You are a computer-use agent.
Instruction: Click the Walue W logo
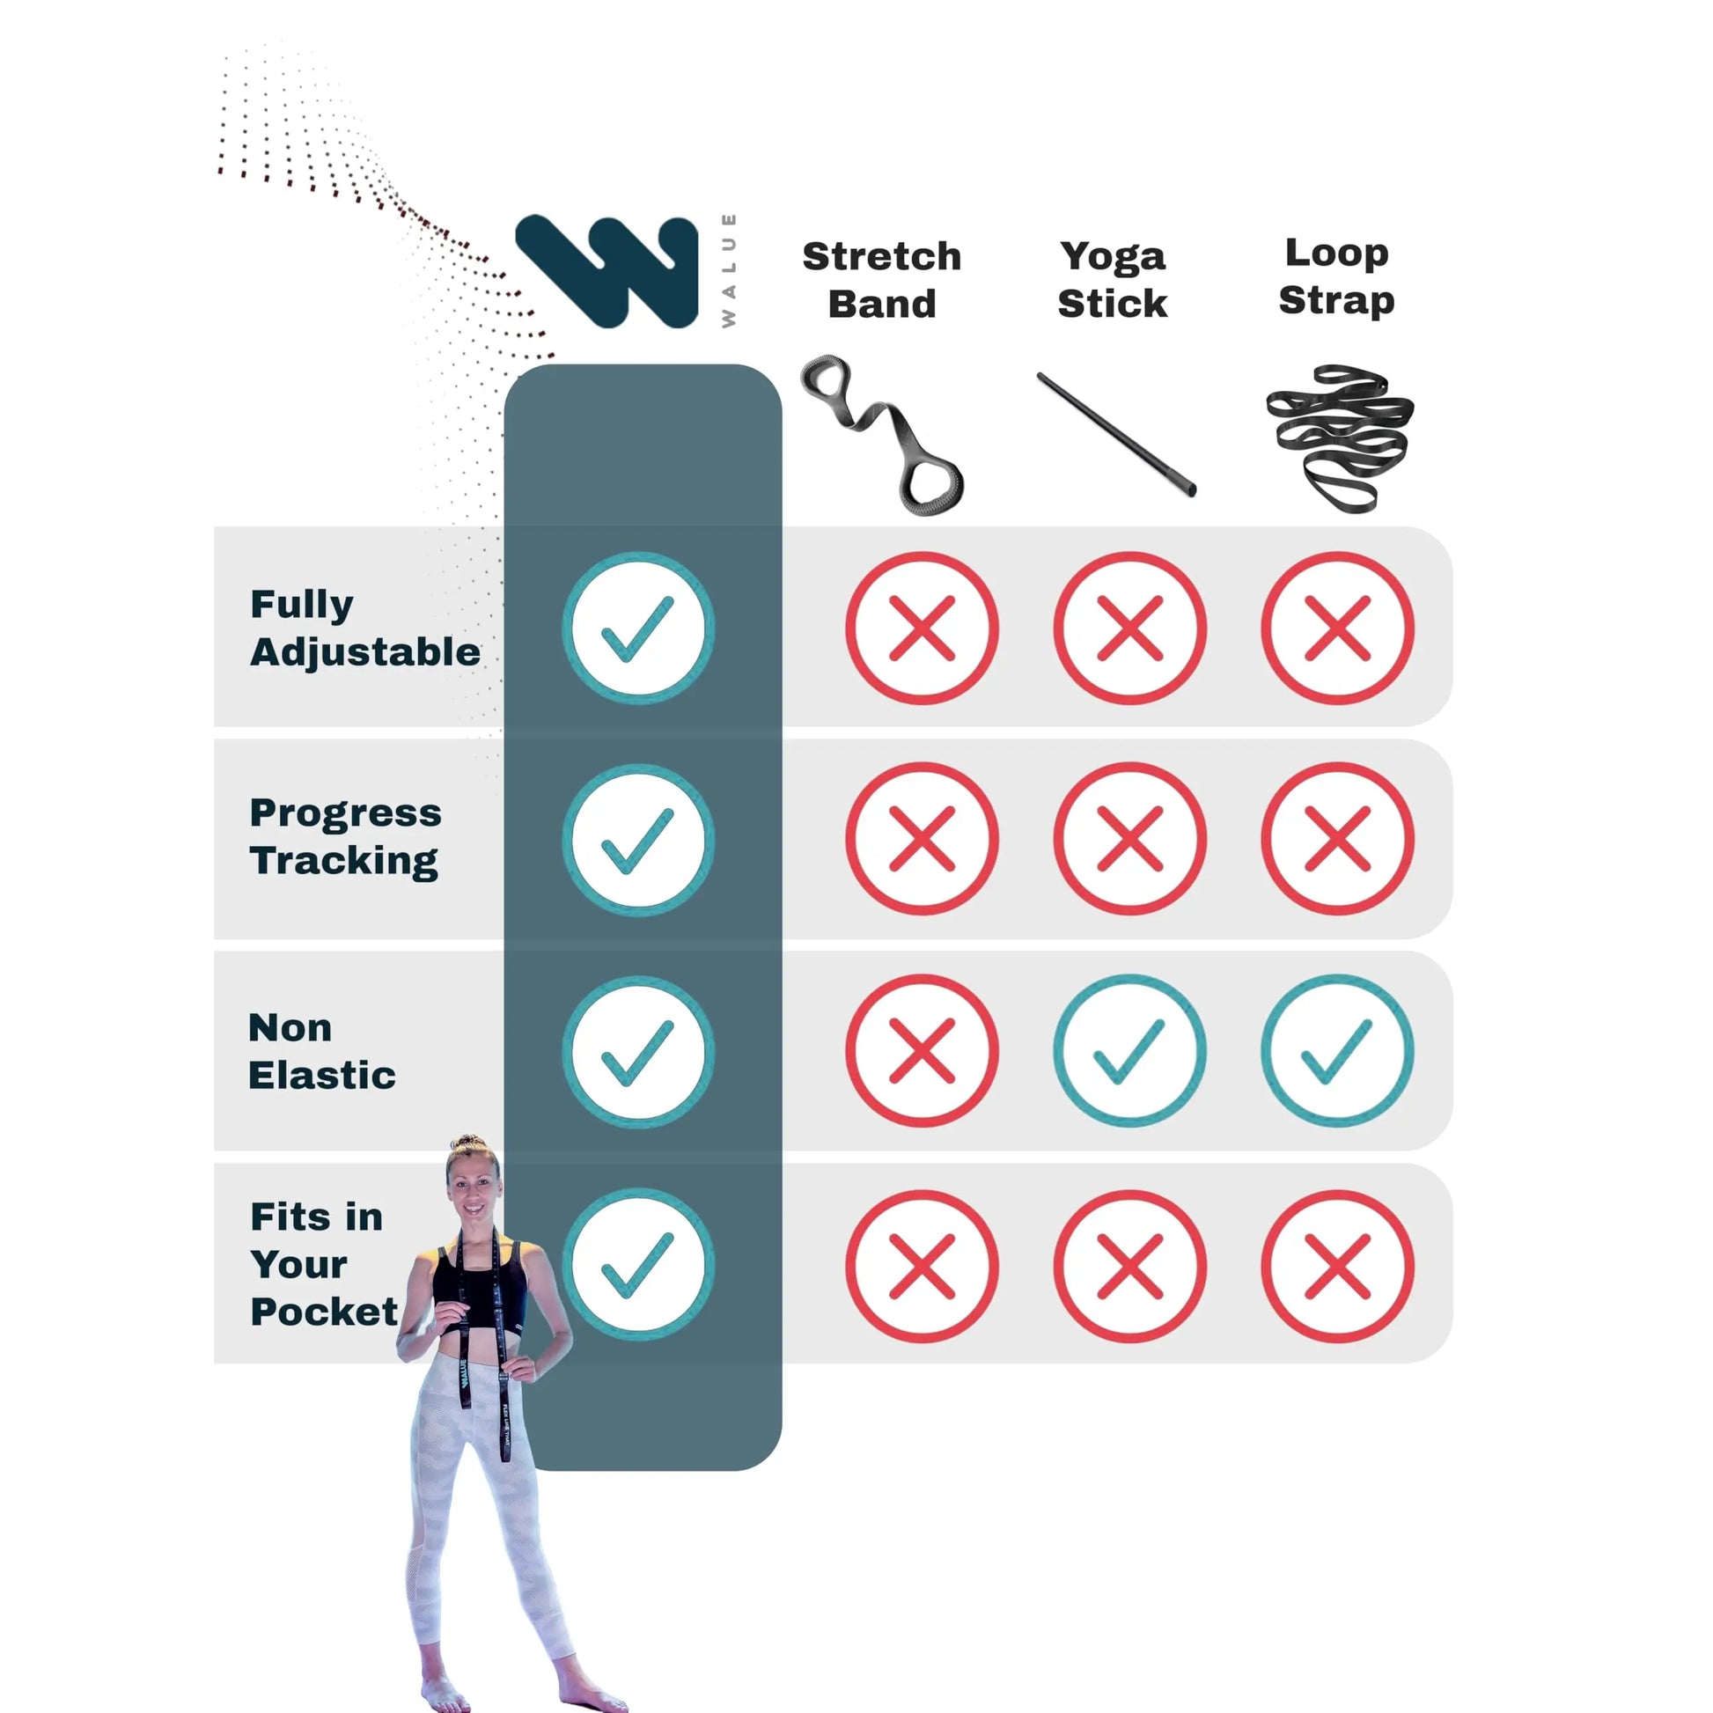coord(607,270)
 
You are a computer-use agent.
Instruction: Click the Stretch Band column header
coord(881,280)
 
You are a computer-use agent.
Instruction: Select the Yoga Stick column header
coord(1112,279)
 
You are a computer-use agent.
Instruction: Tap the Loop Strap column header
coord(1336,276)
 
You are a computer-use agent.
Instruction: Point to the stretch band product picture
coord(882,435)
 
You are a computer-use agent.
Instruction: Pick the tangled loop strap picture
coord(1340,438)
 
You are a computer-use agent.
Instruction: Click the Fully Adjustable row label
coord(364,628)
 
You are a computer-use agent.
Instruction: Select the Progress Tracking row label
coord(345,837)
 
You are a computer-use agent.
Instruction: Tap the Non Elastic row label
coord(321,1052)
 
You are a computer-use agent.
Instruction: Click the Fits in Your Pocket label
coord(324,1263)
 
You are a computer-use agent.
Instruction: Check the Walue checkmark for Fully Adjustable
coord(638,628)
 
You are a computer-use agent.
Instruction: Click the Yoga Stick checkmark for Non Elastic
coord(1129,1051)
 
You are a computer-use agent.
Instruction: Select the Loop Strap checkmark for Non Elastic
coord(1337,1051)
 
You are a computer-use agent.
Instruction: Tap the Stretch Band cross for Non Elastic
coord(923,1051)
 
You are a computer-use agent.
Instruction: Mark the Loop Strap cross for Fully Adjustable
coord(1337,628)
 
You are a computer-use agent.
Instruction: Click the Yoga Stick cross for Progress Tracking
coord(1129,839)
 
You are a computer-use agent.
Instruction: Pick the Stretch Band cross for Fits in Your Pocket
coord(923,1266)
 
